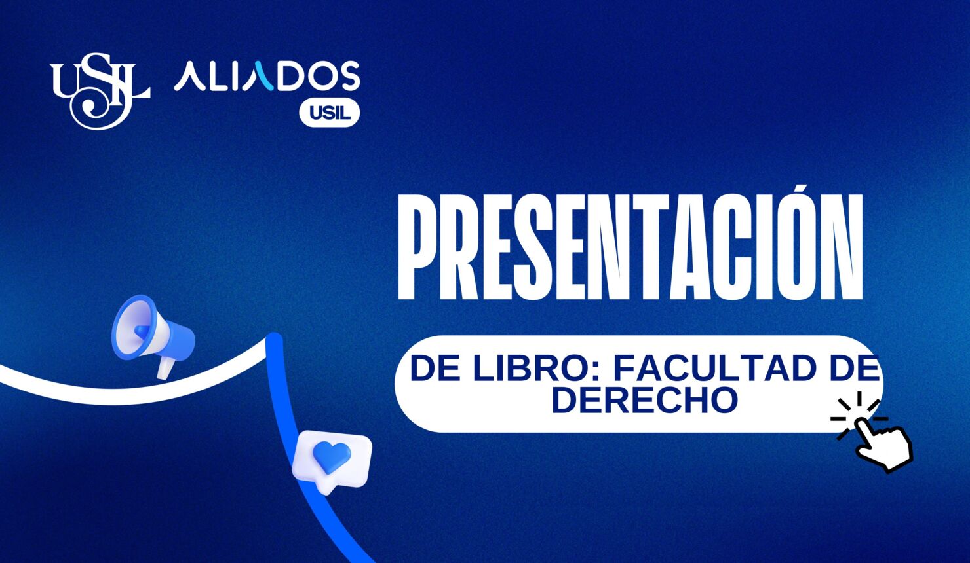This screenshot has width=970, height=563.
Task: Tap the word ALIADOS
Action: pyautogui.click(x=267, y=77)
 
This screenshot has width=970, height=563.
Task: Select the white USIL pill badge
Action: pyautogui.click(x=330, y=113)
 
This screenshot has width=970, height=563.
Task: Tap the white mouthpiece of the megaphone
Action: pyautogui.click(x=164, y=368)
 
